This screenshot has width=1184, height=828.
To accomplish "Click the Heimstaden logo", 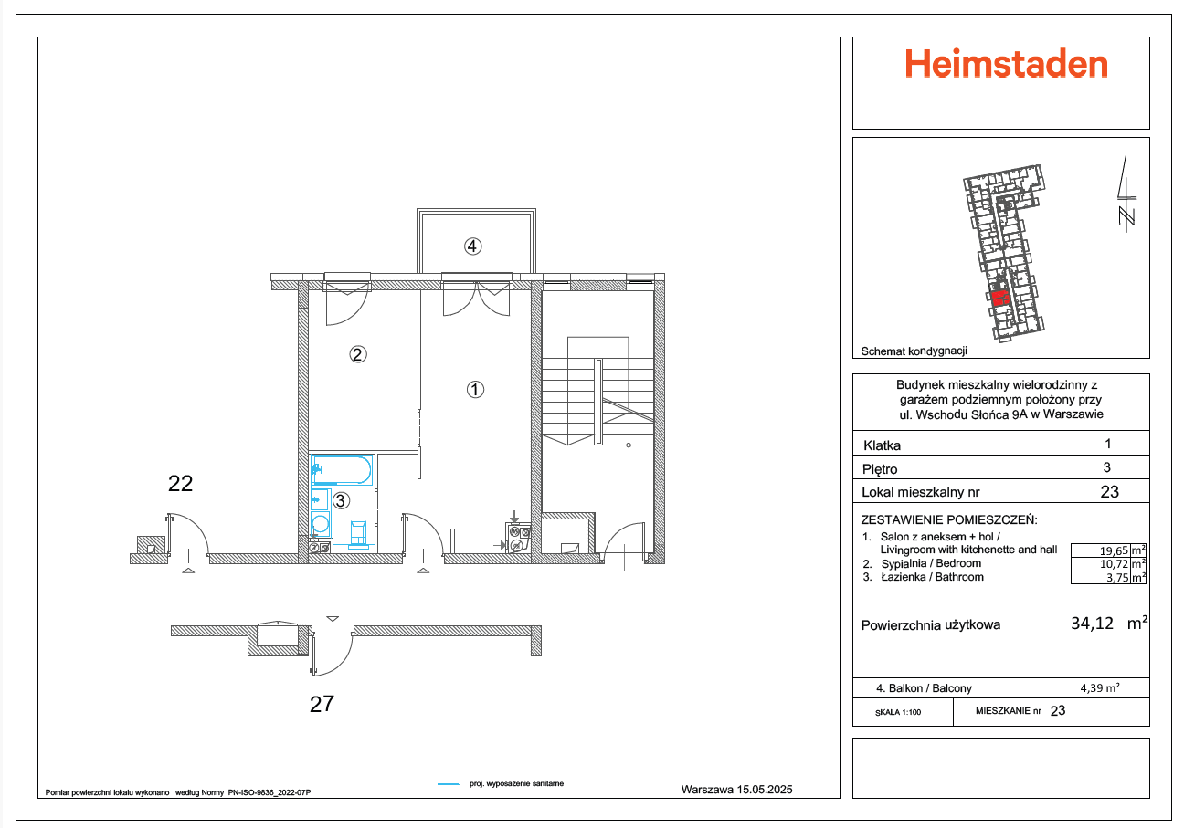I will pos(1006,64).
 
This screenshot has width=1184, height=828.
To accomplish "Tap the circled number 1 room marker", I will pos(474,389).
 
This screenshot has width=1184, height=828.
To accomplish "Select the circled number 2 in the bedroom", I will pos(358,355).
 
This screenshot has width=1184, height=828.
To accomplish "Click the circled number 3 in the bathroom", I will pos(341,500).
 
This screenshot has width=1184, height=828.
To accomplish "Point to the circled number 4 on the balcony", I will pos(472,246).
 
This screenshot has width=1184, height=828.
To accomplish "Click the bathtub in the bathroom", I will pos(341,471).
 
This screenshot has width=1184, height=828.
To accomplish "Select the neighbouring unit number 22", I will pos(181,484).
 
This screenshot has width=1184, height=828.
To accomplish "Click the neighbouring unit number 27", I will pos(322,703).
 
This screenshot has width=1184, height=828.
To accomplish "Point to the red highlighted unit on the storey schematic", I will pos(999,297).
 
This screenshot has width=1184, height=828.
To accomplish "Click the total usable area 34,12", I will pos(1092,624).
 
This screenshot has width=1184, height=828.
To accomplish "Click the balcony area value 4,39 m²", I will pos(1100,688).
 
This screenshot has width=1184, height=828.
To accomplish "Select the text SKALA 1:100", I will pos(898,711).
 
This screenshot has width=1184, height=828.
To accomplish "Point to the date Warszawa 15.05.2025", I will pos(737,790).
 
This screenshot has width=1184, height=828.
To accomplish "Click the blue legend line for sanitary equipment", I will pos(448,784).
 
